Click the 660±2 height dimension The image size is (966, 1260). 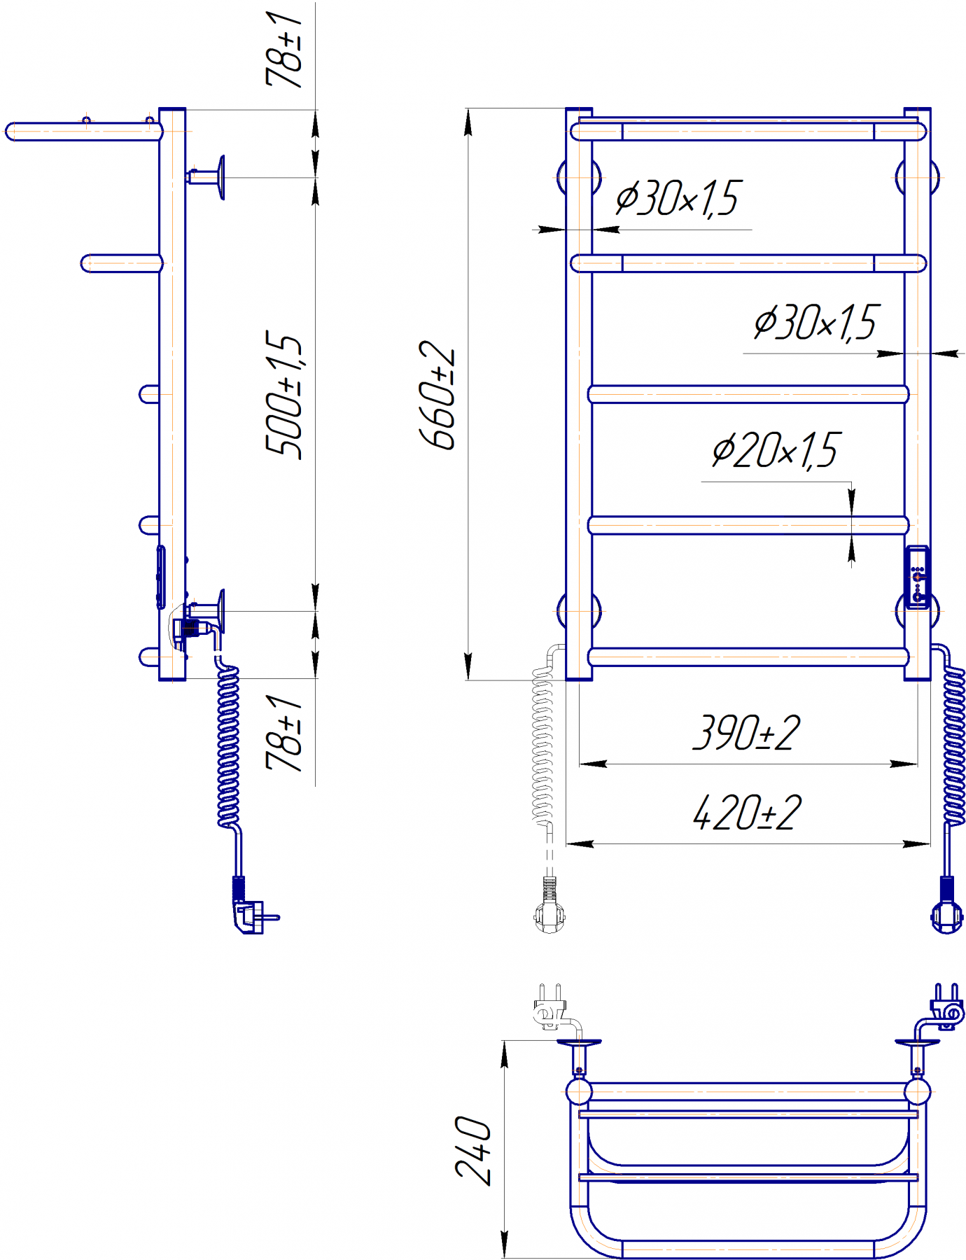(x=438, y=395)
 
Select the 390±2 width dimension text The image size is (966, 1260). (x=746, y=733)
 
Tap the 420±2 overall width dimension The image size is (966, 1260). (x=746, y=813)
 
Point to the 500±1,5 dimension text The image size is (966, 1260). (x=284, y=395)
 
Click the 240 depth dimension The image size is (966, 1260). (x=473, y=1151)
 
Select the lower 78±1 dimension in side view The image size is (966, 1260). (x=284, y=734)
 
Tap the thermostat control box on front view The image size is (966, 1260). (x=917, y=577)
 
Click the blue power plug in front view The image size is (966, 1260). (x=946, y=906)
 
